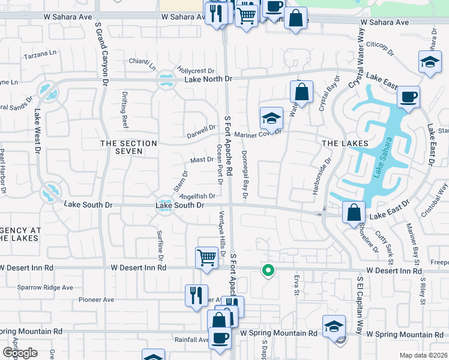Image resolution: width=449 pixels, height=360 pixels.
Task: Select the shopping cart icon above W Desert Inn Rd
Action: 206,257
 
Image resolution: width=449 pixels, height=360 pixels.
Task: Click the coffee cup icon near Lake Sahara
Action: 408,97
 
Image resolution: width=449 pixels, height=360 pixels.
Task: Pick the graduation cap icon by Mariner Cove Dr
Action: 271,117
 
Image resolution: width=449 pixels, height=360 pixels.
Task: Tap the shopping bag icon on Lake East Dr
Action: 354,212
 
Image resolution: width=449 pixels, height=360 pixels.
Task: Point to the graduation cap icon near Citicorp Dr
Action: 430,62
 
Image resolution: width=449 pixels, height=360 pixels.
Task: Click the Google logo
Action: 19,353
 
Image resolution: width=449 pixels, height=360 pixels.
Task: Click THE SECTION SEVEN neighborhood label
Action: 128,147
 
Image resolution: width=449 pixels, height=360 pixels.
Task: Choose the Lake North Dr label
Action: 208,79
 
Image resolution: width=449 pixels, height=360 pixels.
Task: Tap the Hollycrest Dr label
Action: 195,70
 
